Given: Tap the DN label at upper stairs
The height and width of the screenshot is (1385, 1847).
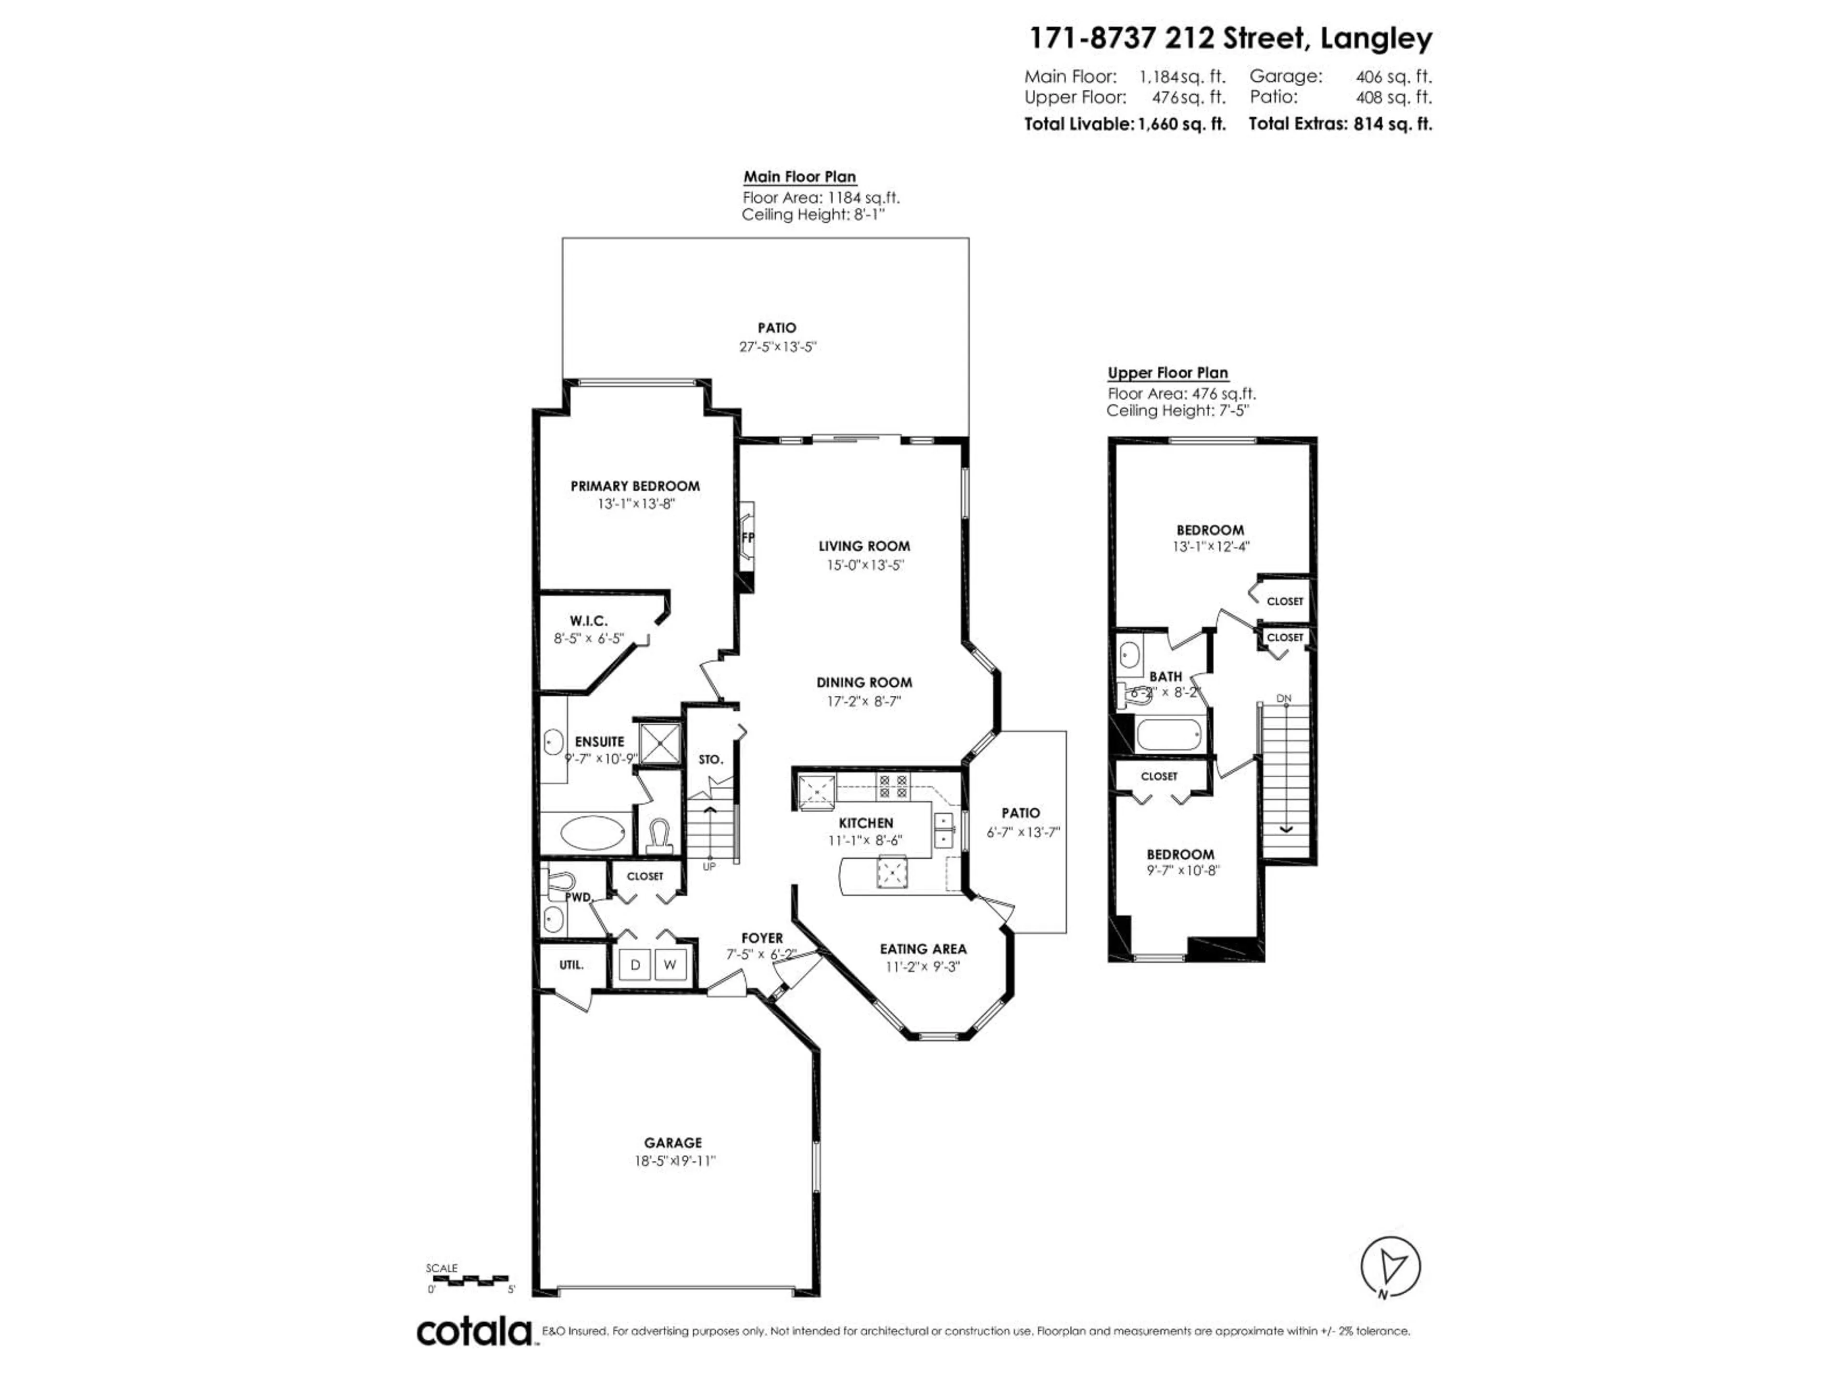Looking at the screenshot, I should (x=1284, y=699).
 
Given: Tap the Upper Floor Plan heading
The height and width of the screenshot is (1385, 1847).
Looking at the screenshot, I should (x=1167, y=373).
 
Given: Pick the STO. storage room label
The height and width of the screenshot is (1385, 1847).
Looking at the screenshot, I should (x=710, y=760).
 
